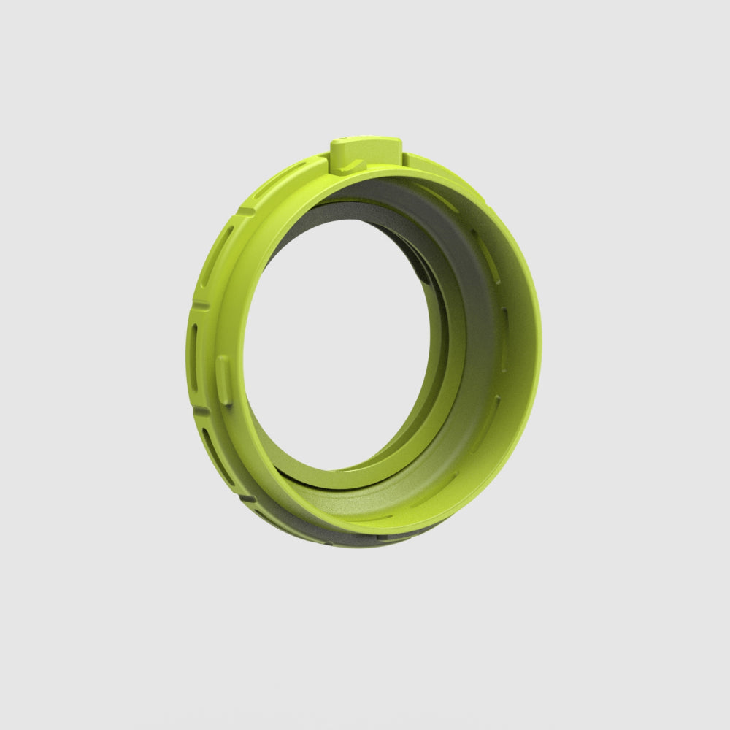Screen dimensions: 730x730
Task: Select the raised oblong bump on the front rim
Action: point(224,380)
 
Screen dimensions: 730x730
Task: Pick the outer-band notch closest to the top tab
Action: point(245,211)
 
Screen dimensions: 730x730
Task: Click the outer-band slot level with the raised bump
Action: point(193,358)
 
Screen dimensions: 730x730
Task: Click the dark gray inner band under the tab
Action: point(387,193)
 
